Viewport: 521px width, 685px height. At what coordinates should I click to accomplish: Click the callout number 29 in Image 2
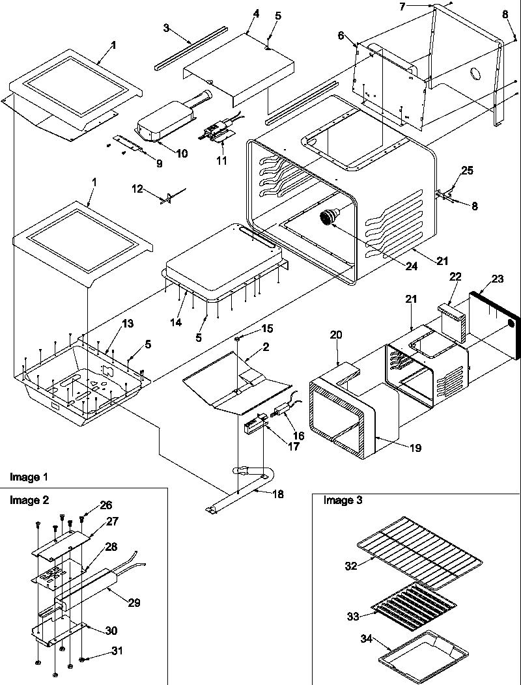tap(133, 602)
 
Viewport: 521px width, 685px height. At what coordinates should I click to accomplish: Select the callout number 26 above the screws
tap(106, 505)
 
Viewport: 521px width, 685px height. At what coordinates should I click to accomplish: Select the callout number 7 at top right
tap(421, 6)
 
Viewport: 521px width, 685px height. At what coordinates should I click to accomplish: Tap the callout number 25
tap(468, 171)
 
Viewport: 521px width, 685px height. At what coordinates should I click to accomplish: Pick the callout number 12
tap(137, 188)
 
